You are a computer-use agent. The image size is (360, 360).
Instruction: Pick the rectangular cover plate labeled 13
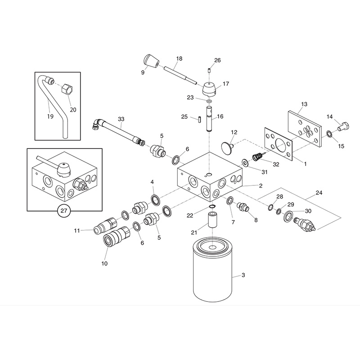304,124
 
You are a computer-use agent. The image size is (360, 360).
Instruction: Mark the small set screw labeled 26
209,70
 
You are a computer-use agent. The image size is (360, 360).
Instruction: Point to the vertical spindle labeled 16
209,118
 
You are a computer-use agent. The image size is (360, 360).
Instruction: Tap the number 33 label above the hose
121,119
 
